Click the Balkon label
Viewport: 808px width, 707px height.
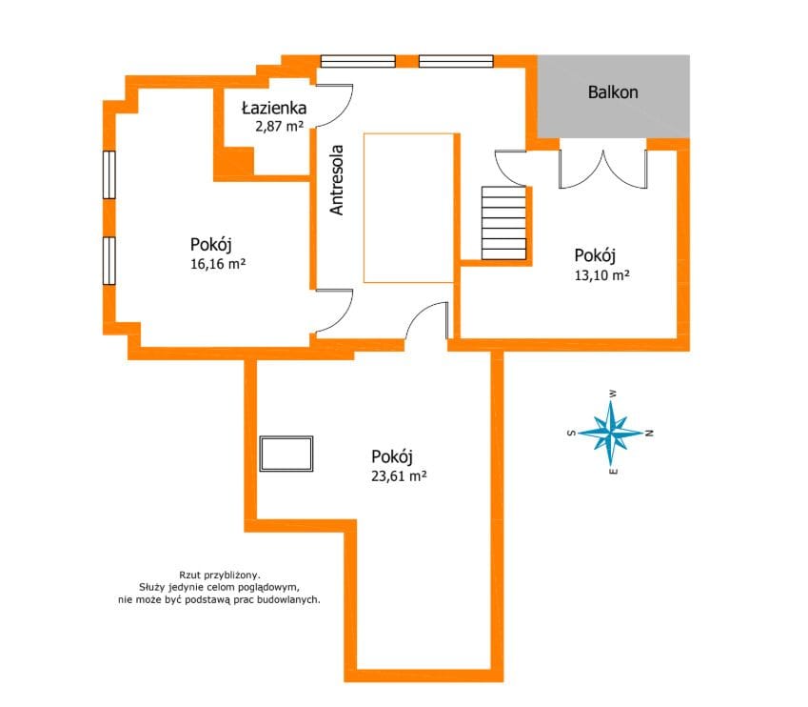tap(613, 92)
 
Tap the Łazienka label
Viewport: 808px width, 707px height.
tap(274, 108)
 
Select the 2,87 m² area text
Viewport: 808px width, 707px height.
tap(279, 126)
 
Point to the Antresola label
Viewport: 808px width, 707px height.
tap(337, 179)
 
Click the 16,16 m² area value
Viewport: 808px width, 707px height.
tap(218, 264)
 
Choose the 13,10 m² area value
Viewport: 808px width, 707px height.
tap(601, 275)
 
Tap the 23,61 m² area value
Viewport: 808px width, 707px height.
tap(399, 475)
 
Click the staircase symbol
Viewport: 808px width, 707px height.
tap(503, 223)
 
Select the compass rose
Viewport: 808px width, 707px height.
tap(611, 433)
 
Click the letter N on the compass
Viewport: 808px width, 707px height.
tap(650, 433)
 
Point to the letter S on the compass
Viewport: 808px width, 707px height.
tap(571, 433)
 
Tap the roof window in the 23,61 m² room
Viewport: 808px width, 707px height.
tap(286, 454)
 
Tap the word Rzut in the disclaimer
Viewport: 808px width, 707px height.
tap(189, 575)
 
